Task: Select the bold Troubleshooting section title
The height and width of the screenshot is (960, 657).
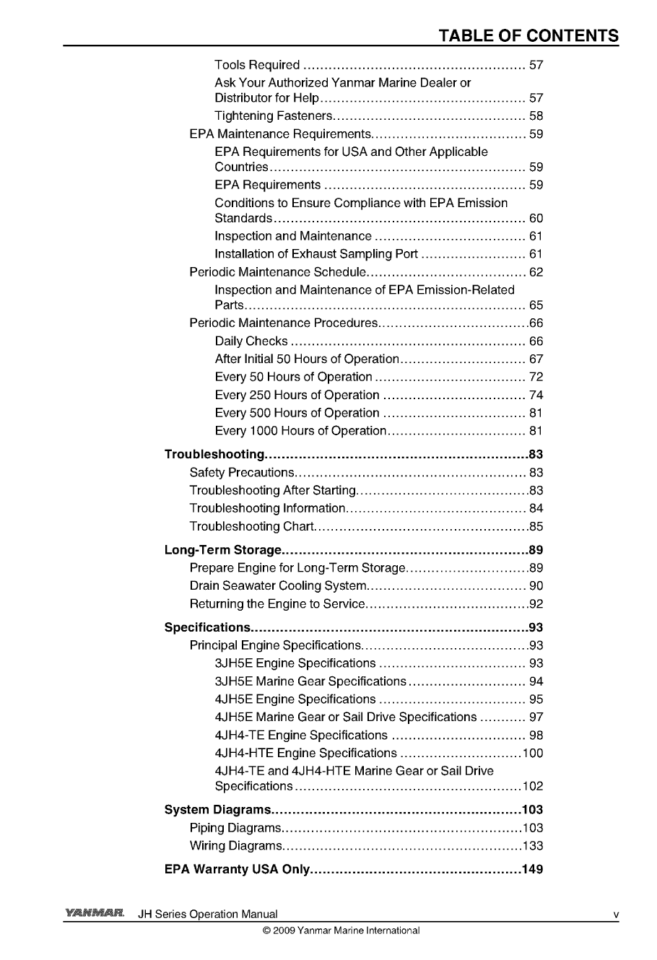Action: point(214,455)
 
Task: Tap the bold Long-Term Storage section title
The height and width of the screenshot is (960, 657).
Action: point(222,550)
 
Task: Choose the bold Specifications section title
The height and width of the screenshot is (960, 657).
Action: point(207,627)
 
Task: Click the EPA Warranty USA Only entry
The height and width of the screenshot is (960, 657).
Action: point(237,869)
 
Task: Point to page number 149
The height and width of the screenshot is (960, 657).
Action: point(532,869)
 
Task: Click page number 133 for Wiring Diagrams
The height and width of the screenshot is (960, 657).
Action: point(533,846)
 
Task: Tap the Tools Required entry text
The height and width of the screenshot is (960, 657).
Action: point(257,66)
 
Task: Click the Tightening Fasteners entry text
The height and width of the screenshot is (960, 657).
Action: point(273,116)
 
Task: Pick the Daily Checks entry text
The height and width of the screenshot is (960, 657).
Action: point(251,341)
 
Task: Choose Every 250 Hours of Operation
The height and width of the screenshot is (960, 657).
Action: point(297,396)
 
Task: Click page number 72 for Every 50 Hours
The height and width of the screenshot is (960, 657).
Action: point(536,378)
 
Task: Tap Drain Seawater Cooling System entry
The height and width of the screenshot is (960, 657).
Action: point(279,586)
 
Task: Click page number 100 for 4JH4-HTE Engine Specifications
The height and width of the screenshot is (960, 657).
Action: point(533,754)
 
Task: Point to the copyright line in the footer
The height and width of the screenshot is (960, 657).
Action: point(341,930)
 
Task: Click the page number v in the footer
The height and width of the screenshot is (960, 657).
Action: point(615,915)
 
